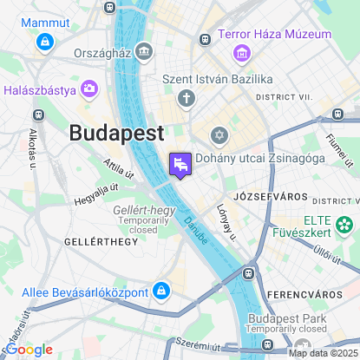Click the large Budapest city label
(116, 134)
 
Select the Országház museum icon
(144, 51)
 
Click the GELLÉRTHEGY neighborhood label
(101, 242)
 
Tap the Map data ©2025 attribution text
(323, 352)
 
